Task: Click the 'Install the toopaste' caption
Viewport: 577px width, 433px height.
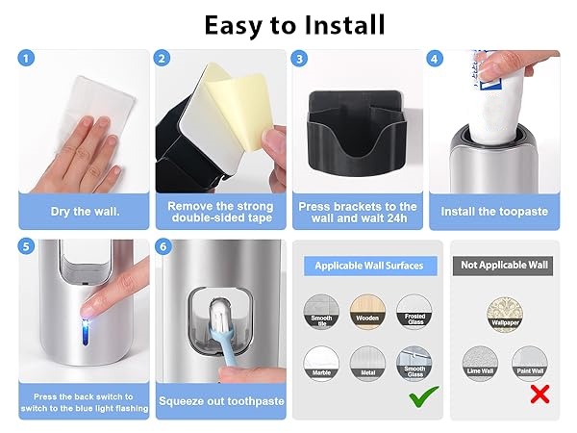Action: (x=492, y=211)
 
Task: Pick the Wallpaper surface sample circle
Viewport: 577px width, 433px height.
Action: (x=505, y=310)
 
